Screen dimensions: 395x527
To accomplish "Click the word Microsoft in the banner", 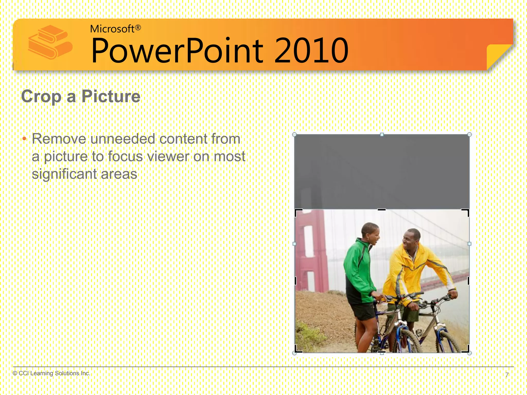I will tap(112, 29).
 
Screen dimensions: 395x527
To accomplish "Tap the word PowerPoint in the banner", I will tap(178, 50).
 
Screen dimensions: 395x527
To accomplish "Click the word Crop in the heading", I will tap(41, 96).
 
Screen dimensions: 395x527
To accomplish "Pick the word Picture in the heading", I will tap(111, 96).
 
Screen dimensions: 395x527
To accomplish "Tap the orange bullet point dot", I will tap(24, 139).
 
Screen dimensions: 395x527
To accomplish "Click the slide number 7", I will tap(507, 375).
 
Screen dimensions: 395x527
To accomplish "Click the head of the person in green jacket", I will tap(371, 233).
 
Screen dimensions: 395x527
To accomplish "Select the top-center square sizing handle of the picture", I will tap(382, 134).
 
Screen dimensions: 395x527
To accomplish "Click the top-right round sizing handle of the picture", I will tap(469, 134).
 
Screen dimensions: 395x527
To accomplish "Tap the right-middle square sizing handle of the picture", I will tap(469, 244).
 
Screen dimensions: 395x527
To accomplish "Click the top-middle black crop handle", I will tap(382, 210).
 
